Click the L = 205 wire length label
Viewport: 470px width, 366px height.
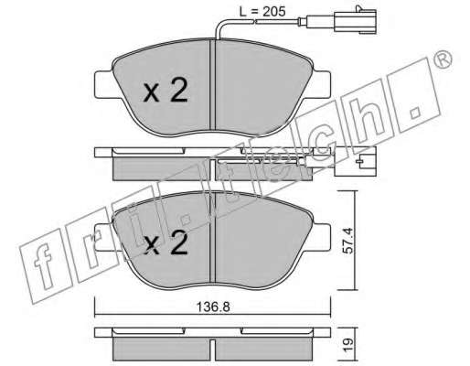(x=262, y=12)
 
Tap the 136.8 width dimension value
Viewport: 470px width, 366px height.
(x=213, y=307)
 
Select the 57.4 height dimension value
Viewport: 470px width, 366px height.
(x=347, y=241)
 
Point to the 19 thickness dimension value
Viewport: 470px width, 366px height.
(x=348, y=345)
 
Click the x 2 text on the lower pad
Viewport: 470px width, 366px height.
(x=166, y=242)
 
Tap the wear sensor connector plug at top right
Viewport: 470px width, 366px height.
(x=356, y=21)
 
